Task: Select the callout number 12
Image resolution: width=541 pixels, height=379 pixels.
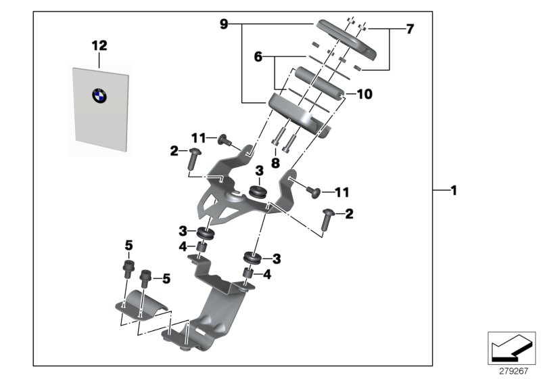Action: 99,45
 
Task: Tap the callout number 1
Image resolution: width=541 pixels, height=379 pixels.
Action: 454,192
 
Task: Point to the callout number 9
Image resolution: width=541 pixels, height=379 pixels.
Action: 224,24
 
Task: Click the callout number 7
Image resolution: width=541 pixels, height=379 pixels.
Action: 409,30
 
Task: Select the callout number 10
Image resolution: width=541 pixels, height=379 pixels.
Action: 363,94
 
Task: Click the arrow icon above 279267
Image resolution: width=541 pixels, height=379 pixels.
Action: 511,349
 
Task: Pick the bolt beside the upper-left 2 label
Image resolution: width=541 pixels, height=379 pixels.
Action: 191,160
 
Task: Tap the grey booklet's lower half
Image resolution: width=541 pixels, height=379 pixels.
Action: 100,125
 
